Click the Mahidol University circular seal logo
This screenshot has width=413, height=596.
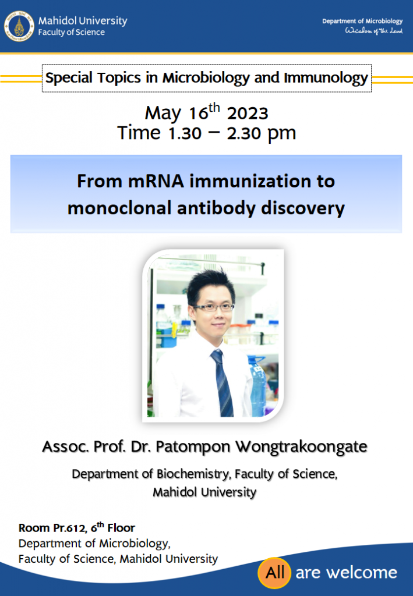pyautogui.click(x=19, y=26)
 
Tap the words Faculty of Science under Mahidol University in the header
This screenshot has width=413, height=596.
pyautogui.click(x=72, y=33)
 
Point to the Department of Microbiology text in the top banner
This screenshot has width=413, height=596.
pyautogui.click(x=362, y=22)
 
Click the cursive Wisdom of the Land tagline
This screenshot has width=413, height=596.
pyautogui.click(x=373, y=30)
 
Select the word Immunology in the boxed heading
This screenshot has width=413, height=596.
pyautogui.click(x=326, y=78)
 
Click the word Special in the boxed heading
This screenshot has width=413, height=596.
pyautogui.click(x=69, y=78)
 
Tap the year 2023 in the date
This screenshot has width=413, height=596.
pyautogui.click(x=248, y=113)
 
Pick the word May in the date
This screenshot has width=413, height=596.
pyautogui.click(x=163, y=113)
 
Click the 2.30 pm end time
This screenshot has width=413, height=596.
pyautogui.click(x=262, y=133)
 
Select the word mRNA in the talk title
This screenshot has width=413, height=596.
pyautogui.click(x=156, y=181)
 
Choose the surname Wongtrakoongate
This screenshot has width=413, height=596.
pyautogui.click(x=301, y=447)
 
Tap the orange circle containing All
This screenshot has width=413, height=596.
pyautogui.click(x=274, y=573)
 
